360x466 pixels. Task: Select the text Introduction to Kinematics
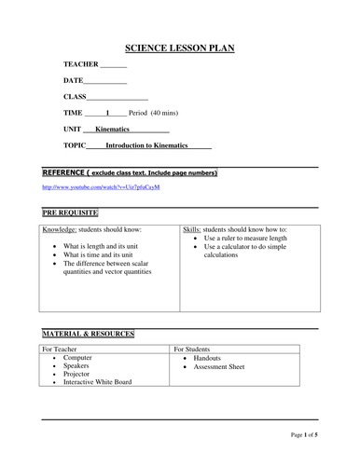point(146,146)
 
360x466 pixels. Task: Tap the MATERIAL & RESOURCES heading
point(89,333)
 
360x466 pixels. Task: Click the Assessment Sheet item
point(219,366)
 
